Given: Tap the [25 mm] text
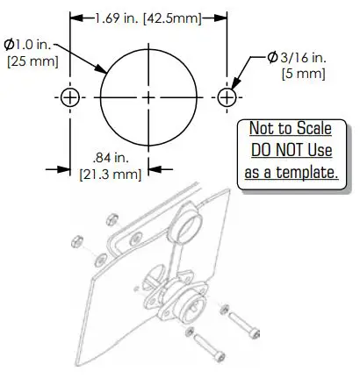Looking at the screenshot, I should pyautogui.click(x=30, y=61).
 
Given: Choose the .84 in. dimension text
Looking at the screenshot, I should pyautogui.click(x=111, y=158).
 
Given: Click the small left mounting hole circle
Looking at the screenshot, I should pyautogui.click(x=70, y=96).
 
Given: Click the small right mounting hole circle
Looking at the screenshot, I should pyautogui.click(x=227, y=96).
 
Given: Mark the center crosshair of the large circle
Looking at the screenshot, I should pyautogui.click(x=148, y=96).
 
